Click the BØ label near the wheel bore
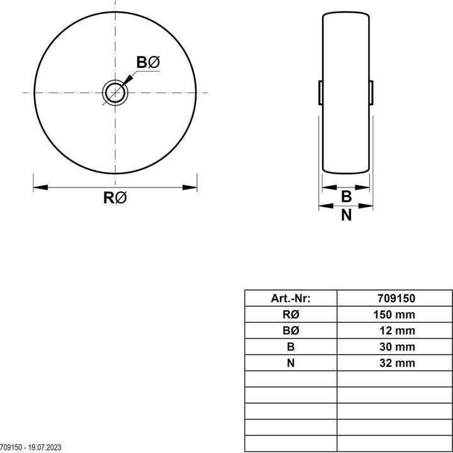click(148, 62)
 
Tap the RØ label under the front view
click(115, 198)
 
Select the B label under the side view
click(347, 196)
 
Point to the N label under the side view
click(347, 215)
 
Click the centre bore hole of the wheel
click(115, 92)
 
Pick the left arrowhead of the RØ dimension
click(41, 187)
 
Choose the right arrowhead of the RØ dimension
click(190, 187)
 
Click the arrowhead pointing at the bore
click(128, 79)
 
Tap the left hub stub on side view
click(320, 92)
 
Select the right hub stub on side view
click(371, 92)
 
